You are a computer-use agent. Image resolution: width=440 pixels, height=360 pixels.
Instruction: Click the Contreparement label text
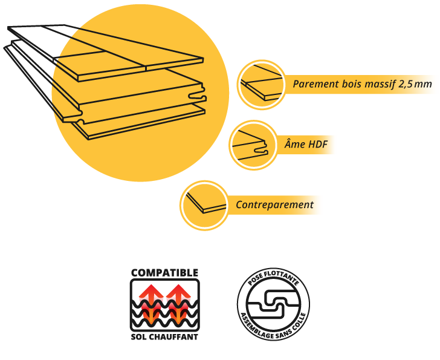pos(274,205)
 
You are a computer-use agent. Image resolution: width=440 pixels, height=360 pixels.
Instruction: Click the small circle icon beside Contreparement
pos(204,205)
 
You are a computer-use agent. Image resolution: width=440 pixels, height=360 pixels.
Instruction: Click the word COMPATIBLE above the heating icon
pos(164,273)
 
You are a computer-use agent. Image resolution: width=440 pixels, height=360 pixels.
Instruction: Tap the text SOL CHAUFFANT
pos(164,336)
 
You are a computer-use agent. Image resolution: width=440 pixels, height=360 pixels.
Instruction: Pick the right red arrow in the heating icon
pos(178,296)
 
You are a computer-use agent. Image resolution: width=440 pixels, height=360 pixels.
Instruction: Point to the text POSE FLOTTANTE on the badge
pos(273,280)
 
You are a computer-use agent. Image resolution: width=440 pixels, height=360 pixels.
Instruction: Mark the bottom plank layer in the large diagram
pos(145,121)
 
